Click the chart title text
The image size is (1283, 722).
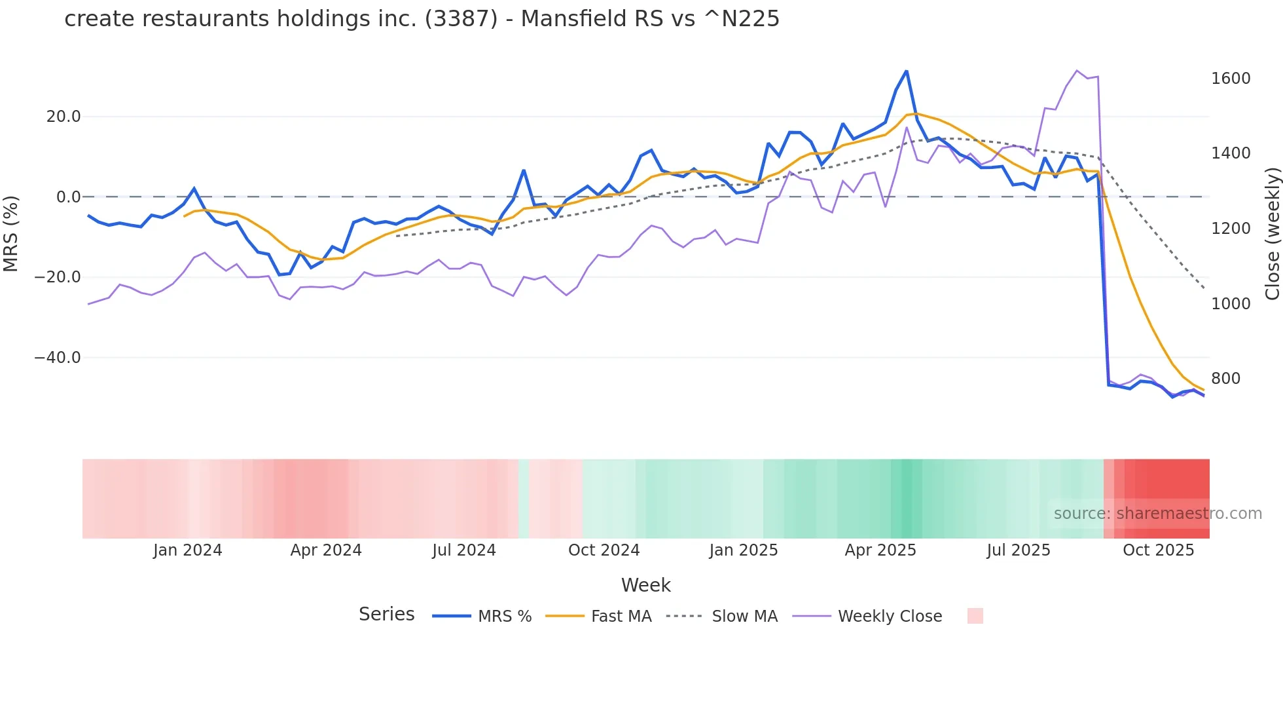(422, 18)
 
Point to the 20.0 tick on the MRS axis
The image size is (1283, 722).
(63, 117)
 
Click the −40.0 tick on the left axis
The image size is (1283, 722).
(58, 358)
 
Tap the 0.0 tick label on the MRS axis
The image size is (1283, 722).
(68, 197)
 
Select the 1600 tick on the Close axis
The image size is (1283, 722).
(1231, 79)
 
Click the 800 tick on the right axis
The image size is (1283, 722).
(1225, 379)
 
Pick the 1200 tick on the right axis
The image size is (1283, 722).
(1231, 229)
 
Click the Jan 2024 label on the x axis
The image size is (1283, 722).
(187, 550)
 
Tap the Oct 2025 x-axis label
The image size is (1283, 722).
(1158, 550)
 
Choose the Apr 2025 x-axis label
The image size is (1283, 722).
(880, 550)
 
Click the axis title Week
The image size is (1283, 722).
(645, 585)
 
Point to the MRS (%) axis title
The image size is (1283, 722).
(11, 233)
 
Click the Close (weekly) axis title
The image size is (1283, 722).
(1272, 233)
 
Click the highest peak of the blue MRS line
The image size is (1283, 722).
(906, 71)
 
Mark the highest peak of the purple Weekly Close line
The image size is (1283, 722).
(1077, 71)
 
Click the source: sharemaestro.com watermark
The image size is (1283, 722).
(1157, 514)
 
